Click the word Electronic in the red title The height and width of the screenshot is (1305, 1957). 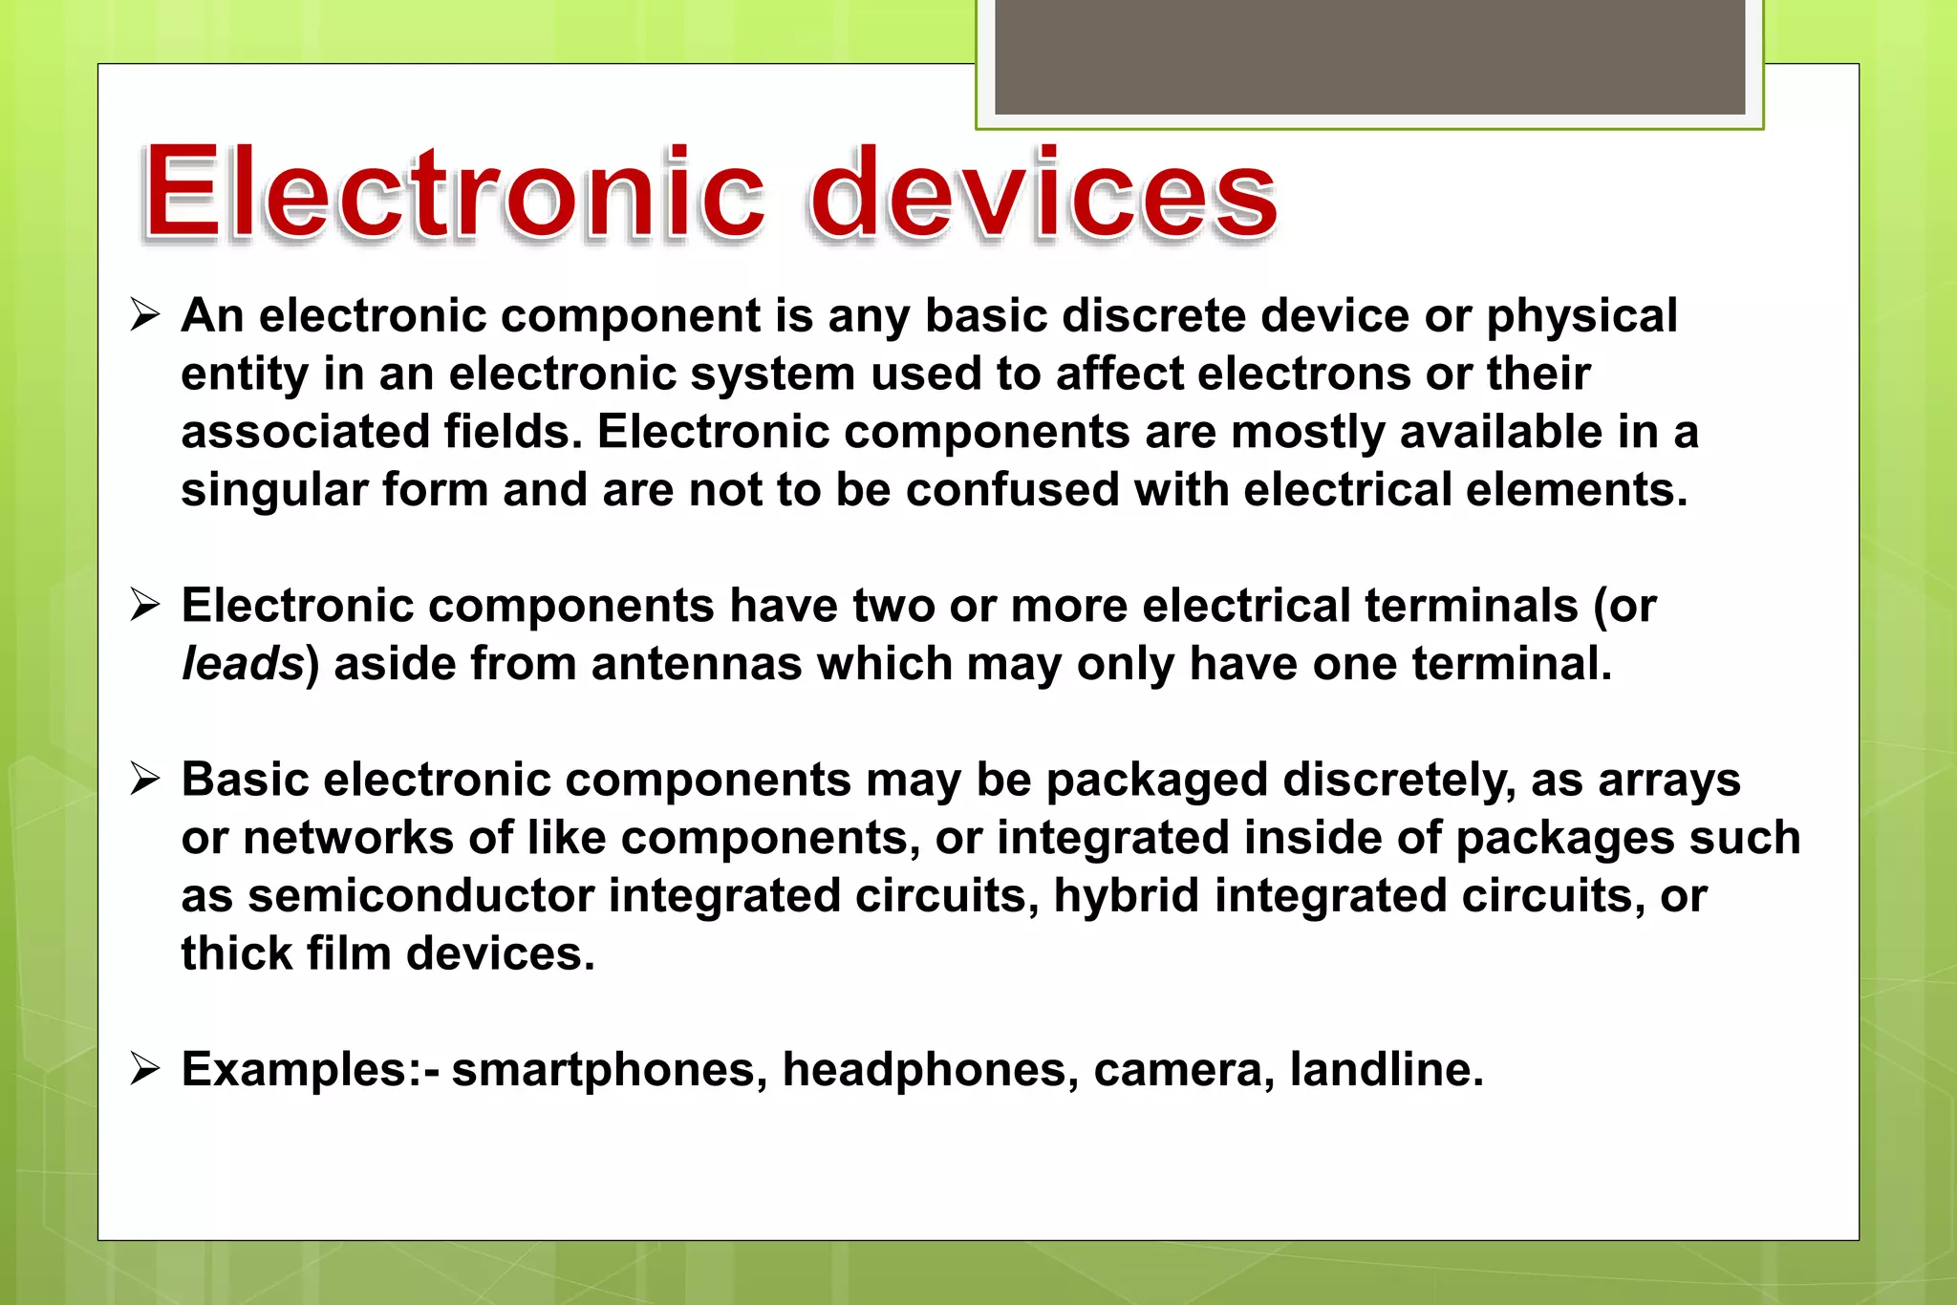[453, 193]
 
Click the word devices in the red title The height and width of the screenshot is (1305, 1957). [1043, 193]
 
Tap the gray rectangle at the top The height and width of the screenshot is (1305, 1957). [1369, 57]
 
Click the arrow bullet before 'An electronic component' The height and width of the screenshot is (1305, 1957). [145, 314]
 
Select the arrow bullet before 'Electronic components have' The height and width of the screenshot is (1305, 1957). [145, 605]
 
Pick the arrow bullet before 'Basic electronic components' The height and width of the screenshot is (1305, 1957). [145, 779]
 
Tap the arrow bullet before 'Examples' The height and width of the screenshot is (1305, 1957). [145, 1068]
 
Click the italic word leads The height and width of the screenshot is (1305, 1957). [243, 663]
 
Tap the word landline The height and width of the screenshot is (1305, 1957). [1386, 1069]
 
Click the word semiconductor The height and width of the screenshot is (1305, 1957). [420, 895]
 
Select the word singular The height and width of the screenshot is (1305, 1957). [274, 490]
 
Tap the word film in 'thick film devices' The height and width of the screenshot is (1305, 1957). [348, 953]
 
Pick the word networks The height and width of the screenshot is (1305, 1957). [348, 838]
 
